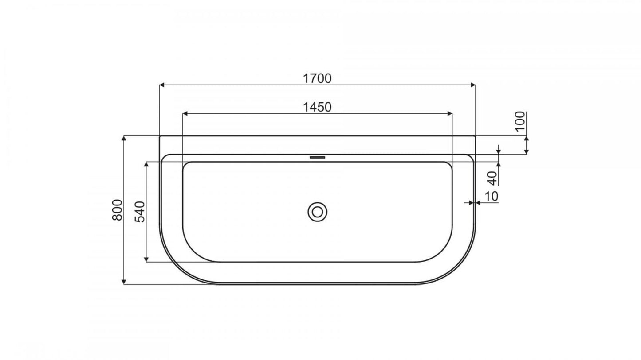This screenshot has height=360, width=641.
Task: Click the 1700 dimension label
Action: pos(317,78)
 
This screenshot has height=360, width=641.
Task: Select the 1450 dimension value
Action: pos(317,107)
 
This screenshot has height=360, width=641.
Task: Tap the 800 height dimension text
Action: pos(117,210)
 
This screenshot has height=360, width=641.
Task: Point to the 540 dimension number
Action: pos(140,212)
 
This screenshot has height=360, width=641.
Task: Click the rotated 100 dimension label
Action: pos(520,121)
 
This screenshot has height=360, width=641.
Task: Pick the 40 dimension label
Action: pos(492,178)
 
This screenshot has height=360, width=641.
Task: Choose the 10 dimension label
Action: pos(491,196)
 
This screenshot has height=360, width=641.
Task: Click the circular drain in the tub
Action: pos(317,212)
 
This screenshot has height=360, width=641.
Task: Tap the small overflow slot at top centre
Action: pos(317,157)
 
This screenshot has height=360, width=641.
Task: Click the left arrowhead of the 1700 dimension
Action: pos(162,85)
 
